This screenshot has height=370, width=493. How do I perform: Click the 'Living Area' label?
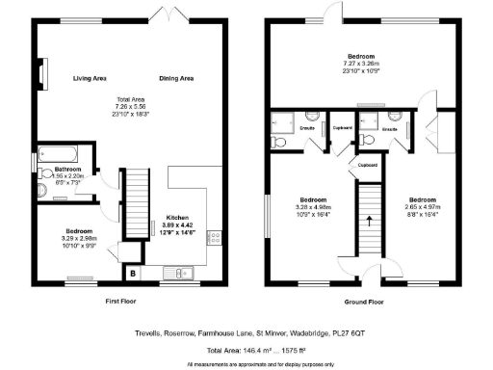click(x=90, y=78)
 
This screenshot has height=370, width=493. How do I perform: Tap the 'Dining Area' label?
click(x=177, y=78)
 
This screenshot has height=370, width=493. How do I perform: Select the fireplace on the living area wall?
click(x=41, y=74)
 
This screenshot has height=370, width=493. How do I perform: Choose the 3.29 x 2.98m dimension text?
click(x=79, y=238)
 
